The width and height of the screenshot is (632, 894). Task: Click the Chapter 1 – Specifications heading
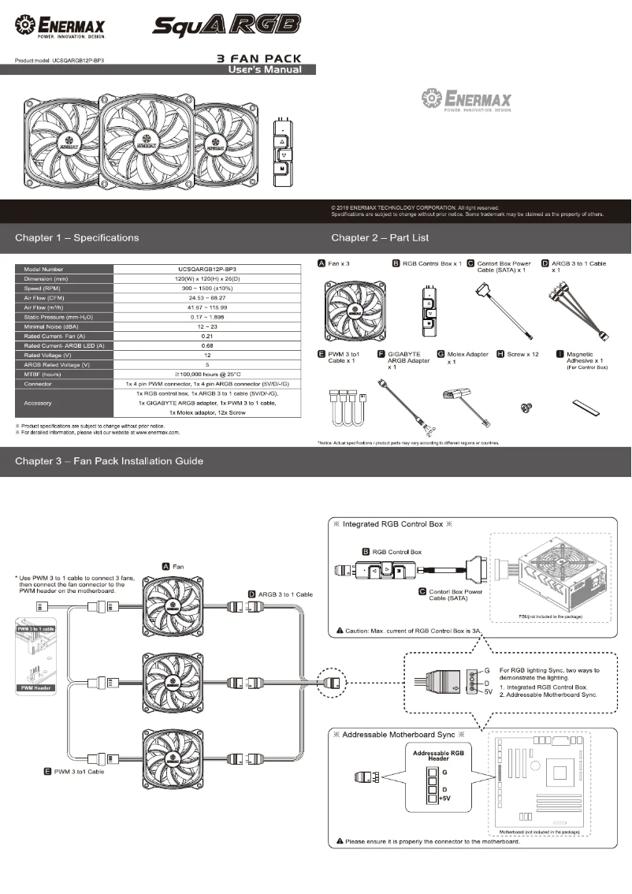click(x=76, y=237)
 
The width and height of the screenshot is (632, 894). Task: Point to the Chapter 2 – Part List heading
click(x=380, y=237)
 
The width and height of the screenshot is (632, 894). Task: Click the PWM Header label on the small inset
click(x=38, y=688)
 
